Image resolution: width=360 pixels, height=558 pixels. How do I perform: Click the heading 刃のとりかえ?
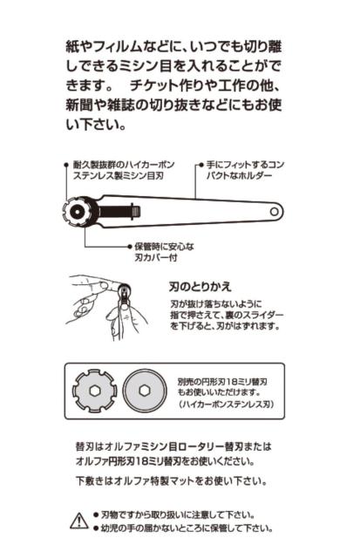tap(200, 285)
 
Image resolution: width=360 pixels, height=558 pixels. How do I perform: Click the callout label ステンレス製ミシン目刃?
tap(119, 176)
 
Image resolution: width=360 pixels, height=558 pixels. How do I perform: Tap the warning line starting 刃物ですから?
tap(180, 515)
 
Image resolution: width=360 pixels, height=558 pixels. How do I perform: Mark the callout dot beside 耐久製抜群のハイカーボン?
tap(67, 164)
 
